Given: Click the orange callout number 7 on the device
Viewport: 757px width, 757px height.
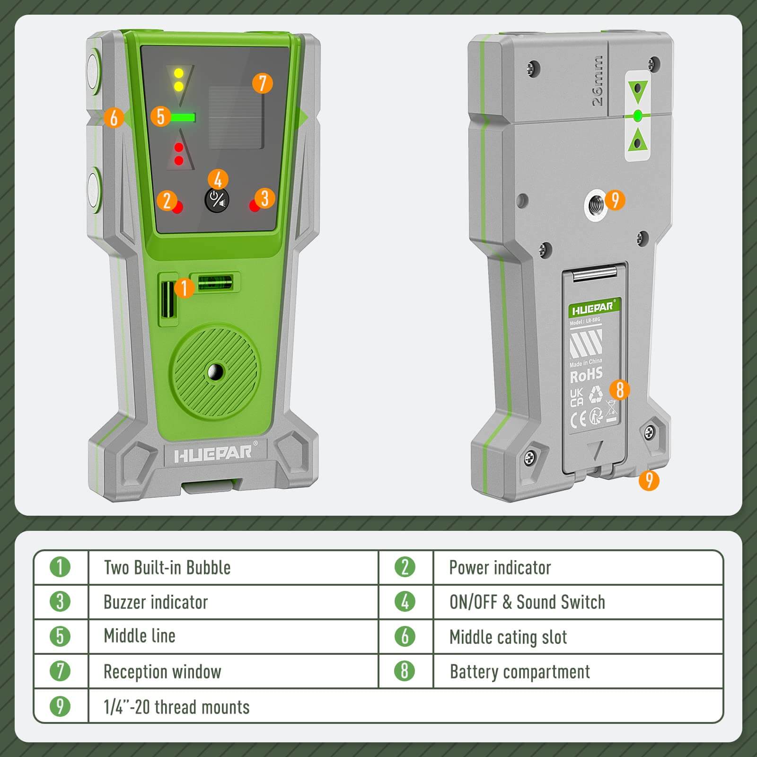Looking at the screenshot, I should tap(262, 83).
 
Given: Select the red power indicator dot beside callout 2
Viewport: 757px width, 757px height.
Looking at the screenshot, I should tap(178, 207).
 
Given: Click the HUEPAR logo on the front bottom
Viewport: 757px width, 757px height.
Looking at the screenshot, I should tap(213, 454).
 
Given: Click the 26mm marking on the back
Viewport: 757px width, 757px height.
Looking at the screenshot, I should tap(598, 80).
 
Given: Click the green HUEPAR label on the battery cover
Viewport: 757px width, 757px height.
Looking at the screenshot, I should tap(594, 308).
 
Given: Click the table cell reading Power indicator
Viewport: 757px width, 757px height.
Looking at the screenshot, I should tap(500, 568).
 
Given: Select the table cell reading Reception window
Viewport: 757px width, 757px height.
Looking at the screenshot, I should tap(162, 672).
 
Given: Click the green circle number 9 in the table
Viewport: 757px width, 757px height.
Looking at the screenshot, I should tap(60, 706).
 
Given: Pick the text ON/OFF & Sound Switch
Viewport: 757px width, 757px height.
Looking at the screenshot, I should tap(527, 602).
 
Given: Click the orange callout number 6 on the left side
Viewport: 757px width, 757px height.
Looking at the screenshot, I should tap(114, 117).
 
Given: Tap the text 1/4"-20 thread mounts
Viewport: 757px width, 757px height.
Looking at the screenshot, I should tap(176, 707).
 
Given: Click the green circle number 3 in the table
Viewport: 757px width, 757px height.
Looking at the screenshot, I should tap(60, 602).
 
